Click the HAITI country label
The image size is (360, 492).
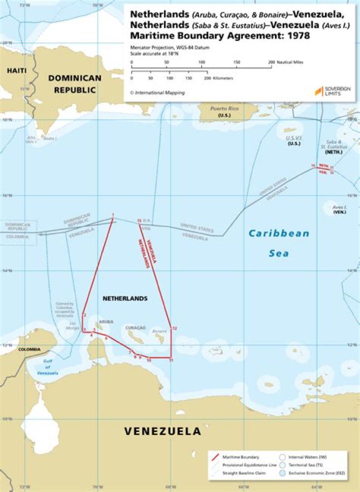[x=16, y=71]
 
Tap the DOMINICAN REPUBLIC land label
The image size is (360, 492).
[x=74, y=84]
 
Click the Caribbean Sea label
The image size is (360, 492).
[x=279, y=243]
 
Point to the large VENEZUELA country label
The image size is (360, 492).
[x=162, y=431]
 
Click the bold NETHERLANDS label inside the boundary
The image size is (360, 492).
[x=125, y=298]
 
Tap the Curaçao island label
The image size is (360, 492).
[x=136, y=328]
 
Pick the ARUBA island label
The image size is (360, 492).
[x=106, y=321]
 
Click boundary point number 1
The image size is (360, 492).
[x=113, y=215]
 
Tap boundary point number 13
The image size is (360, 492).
[x=139, y=221]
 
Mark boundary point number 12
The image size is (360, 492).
[x=174, y=328]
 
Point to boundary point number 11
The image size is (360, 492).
[x=171, y=360]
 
